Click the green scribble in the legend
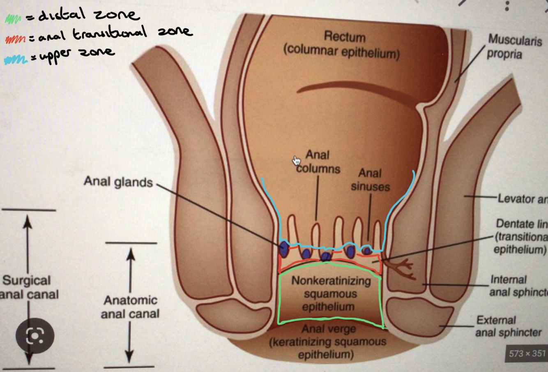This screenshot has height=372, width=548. [13, 19]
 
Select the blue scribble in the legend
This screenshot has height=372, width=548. [15, 60]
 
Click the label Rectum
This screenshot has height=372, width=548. [344, 37]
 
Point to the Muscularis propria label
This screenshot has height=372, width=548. [514, 47]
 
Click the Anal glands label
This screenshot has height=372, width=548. [118, 182]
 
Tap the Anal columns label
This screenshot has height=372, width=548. [318, 162]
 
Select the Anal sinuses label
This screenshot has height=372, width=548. [370, 180]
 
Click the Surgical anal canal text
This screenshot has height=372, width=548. [29, 287]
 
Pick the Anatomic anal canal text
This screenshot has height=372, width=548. [130, 307]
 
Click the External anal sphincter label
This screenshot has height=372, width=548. [508, 326]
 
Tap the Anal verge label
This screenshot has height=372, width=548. [329, 329]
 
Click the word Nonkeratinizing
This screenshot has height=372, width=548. [331, 281]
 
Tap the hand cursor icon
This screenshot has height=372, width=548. [297, 161]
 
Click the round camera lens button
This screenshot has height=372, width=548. [35, 336]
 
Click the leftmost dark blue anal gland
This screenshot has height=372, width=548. [284, 249]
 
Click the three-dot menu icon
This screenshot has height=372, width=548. [507, 5]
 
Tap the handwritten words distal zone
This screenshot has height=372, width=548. [88, 16]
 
